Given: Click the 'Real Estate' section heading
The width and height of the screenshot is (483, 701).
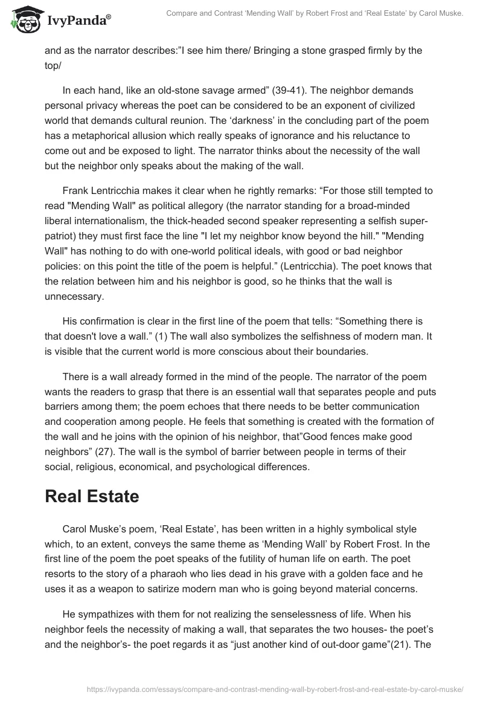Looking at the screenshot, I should click(92, 497).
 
